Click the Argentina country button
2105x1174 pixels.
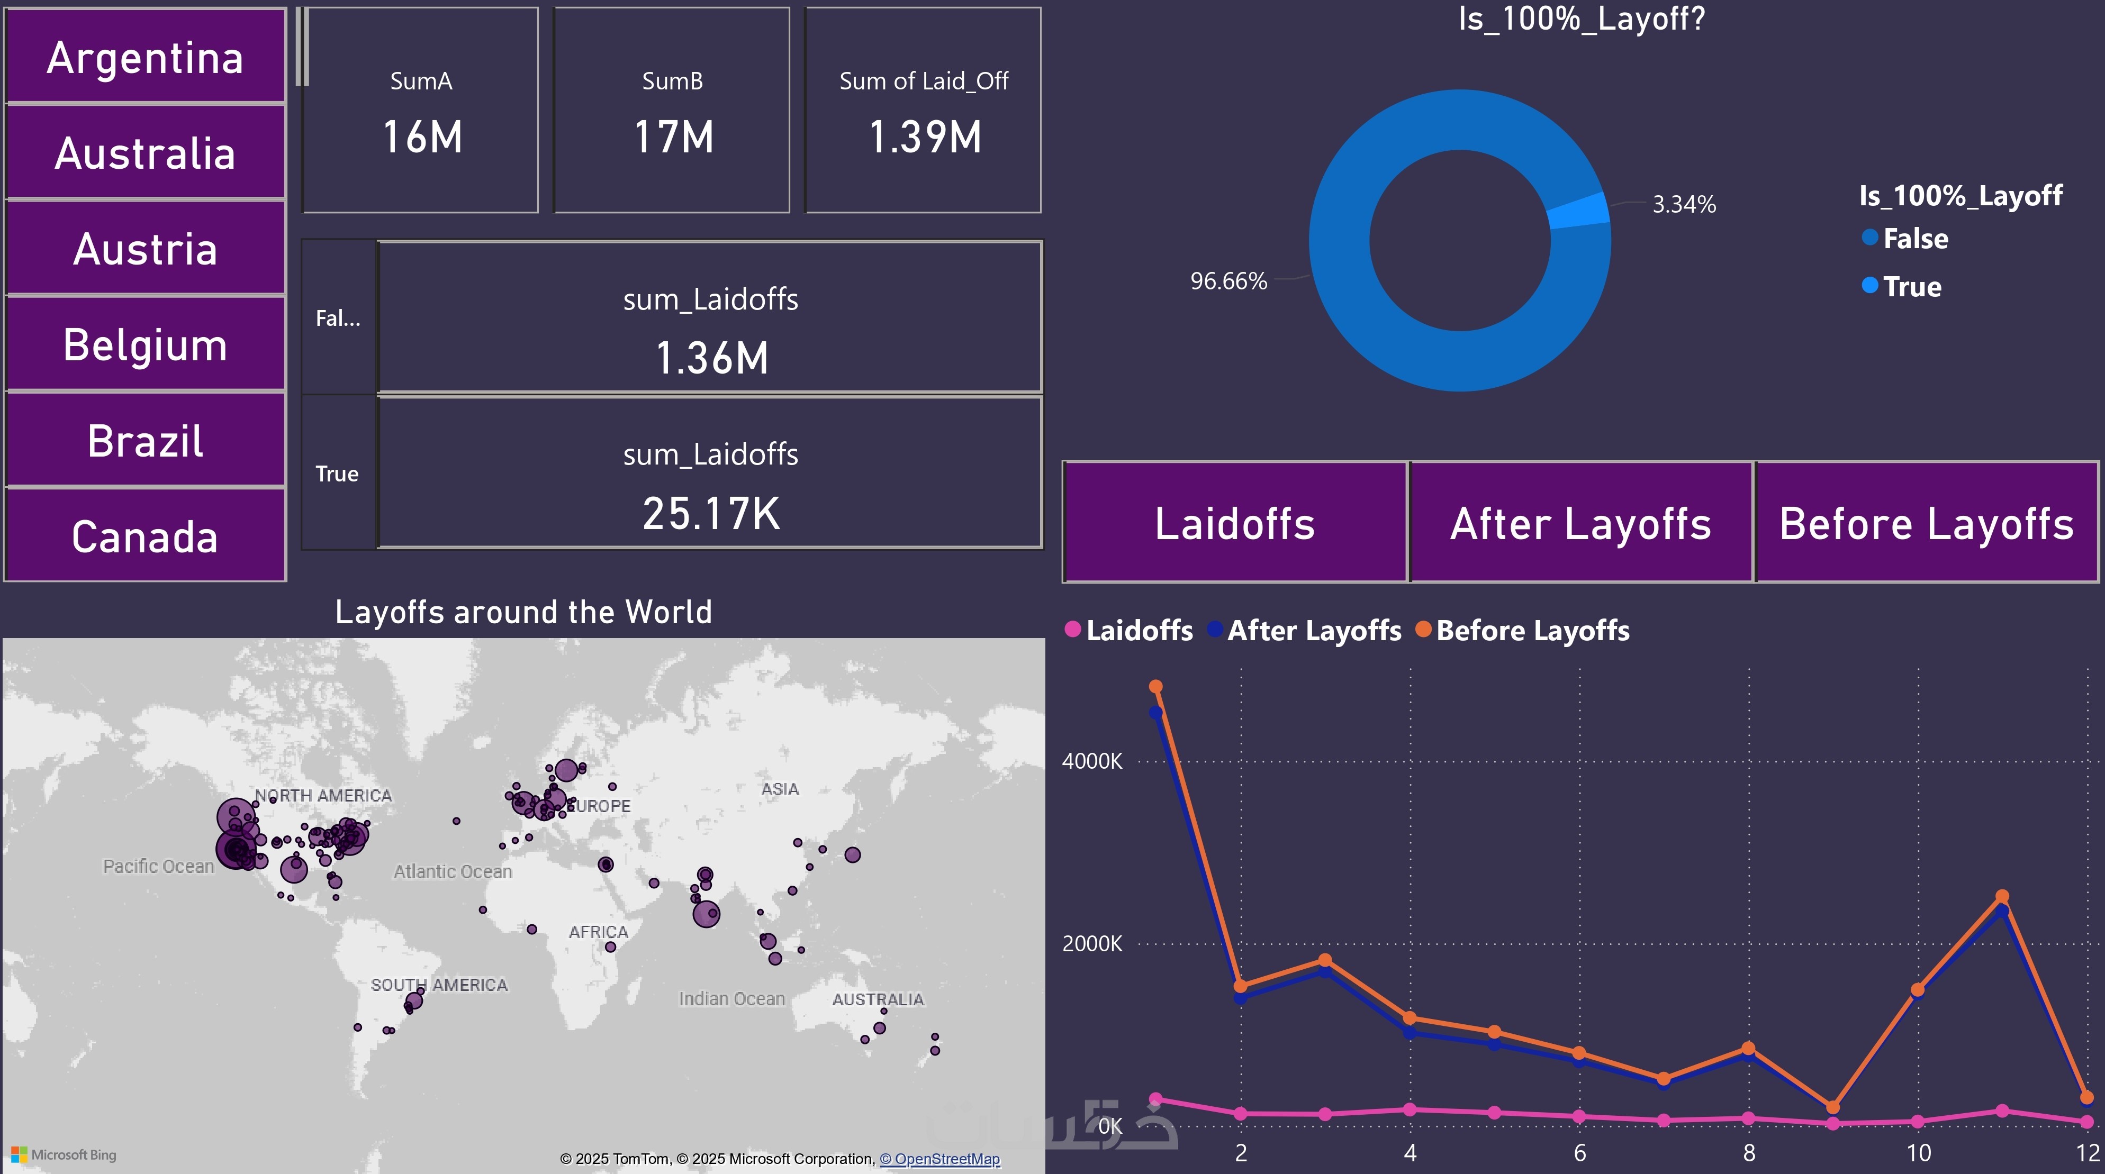click(146, 57)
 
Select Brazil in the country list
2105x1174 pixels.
click(146, 441)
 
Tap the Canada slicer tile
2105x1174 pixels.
click(146, 537)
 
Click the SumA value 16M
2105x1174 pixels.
click(422, 136)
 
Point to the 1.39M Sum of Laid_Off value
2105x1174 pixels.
click(924, 136)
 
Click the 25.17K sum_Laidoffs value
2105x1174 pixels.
click(711, 513)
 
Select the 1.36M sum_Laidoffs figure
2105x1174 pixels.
click(711, 358)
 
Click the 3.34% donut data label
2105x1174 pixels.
click(1683, 204)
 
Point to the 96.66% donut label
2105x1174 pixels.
click(1228, 281)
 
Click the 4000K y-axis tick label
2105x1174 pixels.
click(1092, 761)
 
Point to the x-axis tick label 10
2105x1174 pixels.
click(1918, 1153)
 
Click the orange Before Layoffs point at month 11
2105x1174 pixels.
click(2002, 896)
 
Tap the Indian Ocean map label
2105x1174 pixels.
click(731, 998)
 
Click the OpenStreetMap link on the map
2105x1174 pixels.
click(939, 1159)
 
